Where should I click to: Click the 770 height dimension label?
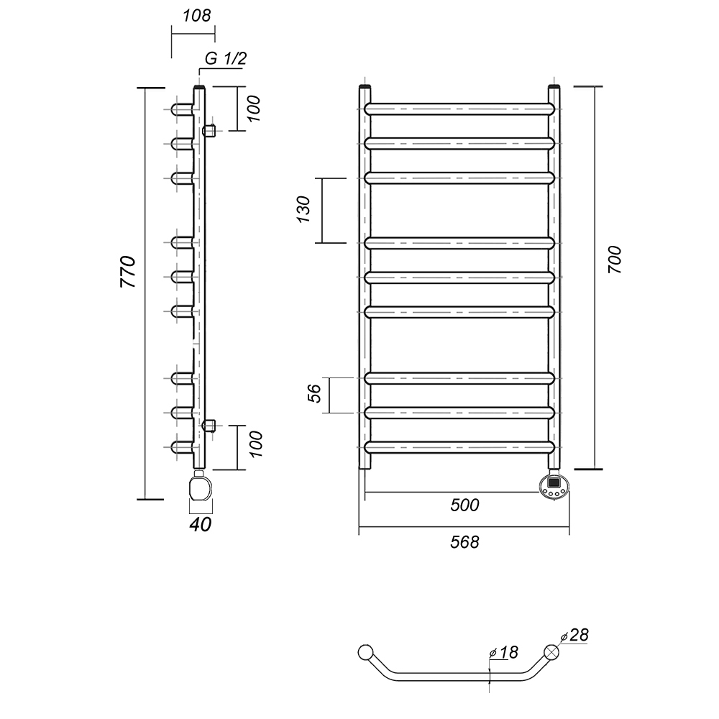click(x=128, y=272)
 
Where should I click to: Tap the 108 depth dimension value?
click(x=197, y=16)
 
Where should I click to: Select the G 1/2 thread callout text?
click(x=226, y=59)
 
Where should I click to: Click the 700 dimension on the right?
click(x=615, y=260)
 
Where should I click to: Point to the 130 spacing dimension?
click(x=303, y=209)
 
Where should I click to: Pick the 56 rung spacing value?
click(x=315, y=393)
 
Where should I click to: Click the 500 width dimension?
click(x=464, y=505)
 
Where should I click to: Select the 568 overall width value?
click(x=464, y=542)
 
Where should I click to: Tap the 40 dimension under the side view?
click(x=201, y=525)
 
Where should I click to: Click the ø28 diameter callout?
click(x=574, y=635)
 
